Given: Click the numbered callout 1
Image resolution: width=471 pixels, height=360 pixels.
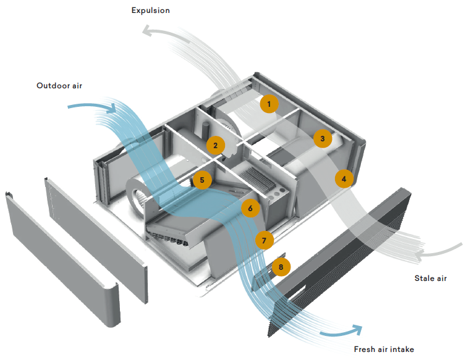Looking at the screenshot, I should tap(269, 103).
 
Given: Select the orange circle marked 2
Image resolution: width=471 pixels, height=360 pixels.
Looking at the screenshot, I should tap(215, 146).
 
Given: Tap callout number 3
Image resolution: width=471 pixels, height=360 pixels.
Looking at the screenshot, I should tap(321, 138).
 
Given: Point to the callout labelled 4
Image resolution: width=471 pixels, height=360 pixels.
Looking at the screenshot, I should tap(344, 178).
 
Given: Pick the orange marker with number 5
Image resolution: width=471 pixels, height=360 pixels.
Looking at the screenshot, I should tap(202, 180).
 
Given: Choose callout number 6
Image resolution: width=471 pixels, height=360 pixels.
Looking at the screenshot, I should tap(250, 208).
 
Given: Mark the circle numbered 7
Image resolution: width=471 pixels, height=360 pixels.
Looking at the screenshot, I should tap(264, 240).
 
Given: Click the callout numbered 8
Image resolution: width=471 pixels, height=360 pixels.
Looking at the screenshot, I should tap(281, 267).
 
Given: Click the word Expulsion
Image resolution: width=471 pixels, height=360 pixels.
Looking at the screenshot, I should tap(150, 10).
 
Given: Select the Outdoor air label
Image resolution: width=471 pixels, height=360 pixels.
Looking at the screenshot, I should tap(59, 86).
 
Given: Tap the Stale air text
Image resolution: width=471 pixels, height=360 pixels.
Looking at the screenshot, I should tap(430, 278).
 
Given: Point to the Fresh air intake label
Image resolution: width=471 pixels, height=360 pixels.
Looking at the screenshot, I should tap(383, 350).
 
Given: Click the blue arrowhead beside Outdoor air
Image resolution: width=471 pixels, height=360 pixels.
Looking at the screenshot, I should tap(111, 109).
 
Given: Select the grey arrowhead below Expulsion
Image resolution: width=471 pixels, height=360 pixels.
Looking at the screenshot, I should tap(146, 31).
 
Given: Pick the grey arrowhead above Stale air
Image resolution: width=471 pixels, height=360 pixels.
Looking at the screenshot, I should tap(419, 254).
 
